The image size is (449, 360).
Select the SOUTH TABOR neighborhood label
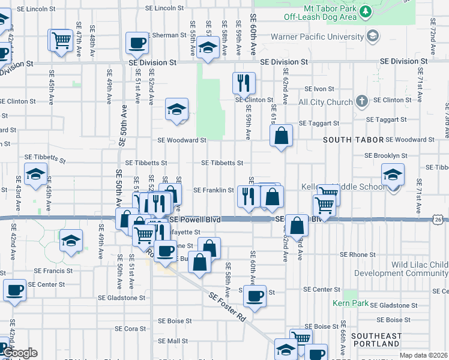click(x=353, y=140)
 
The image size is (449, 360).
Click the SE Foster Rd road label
click(x=228, y=306)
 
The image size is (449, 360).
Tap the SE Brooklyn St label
click(x=386, y=155)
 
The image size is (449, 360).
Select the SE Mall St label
click(x=173, y=341)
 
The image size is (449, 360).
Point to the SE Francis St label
click(x=53, y=271)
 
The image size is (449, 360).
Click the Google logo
click(x=20, y=353)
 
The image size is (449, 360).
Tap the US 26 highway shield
click(x=439, y=220)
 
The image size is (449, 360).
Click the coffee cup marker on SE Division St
click(x=137, y=43)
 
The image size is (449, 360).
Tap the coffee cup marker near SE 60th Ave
click(x=255, y=295)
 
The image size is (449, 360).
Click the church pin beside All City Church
click(x=361, y=101)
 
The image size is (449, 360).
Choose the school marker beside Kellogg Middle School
click(x=393, y=175)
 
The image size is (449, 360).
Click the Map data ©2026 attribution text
click(x=424, y=355)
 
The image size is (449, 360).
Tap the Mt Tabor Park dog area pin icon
click(x=365, y=11)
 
